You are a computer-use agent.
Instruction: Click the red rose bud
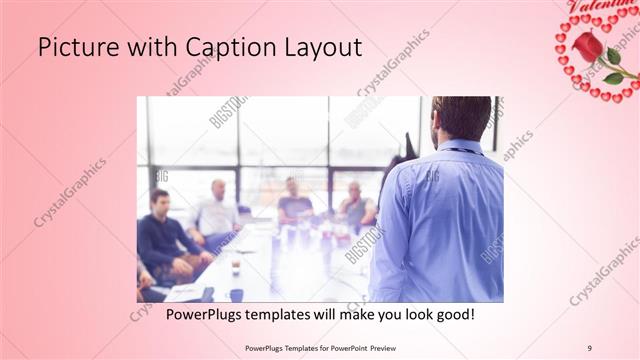(588, 46)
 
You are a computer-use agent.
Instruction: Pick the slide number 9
(590, 348)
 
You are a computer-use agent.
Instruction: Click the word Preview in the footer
(391, 348)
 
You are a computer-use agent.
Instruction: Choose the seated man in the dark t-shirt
(294, 200)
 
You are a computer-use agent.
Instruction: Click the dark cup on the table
(235, 293)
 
